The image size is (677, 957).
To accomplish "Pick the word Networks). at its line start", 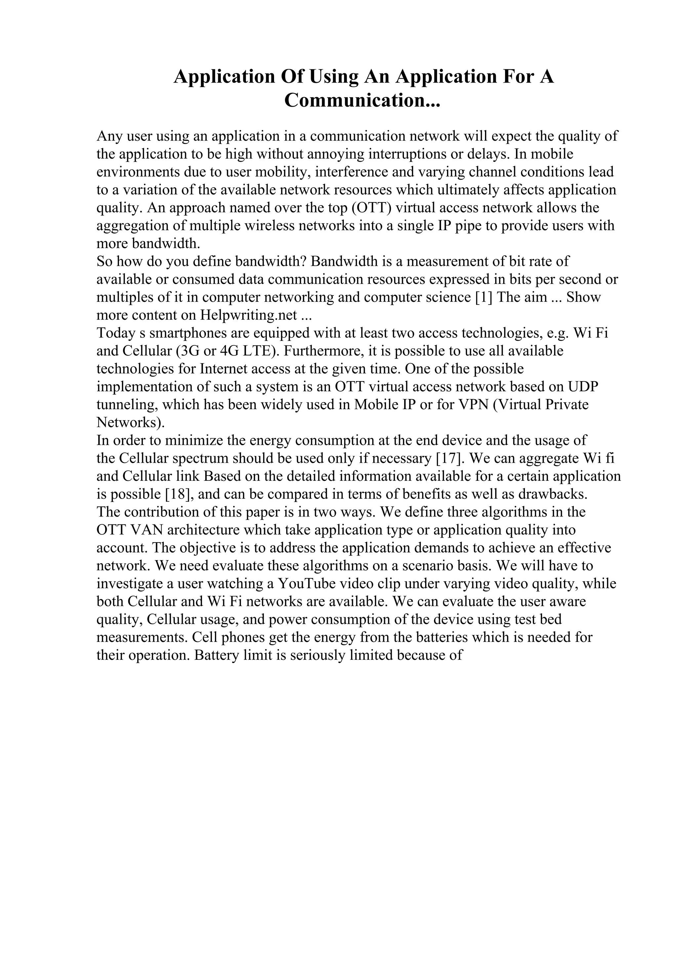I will tap(131, 423).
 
